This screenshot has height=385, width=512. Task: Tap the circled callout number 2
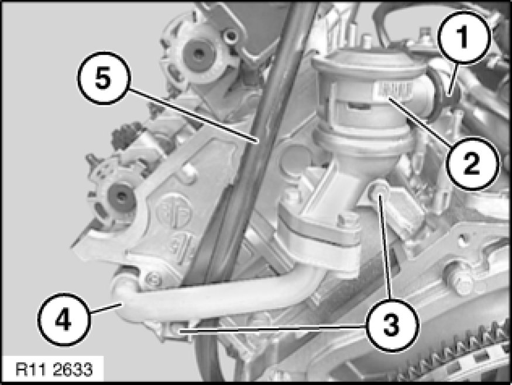click(472, 163)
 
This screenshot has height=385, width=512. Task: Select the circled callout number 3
click(391, 325)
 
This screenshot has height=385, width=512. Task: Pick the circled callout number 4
click(63, 320)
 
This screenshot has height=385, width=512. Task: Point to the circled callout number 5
click(104, 78)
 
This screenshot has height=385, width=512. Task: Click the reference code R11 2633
click(54, 370)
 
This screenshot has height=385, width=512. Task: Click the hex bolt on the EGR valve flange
click(346, 220)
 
